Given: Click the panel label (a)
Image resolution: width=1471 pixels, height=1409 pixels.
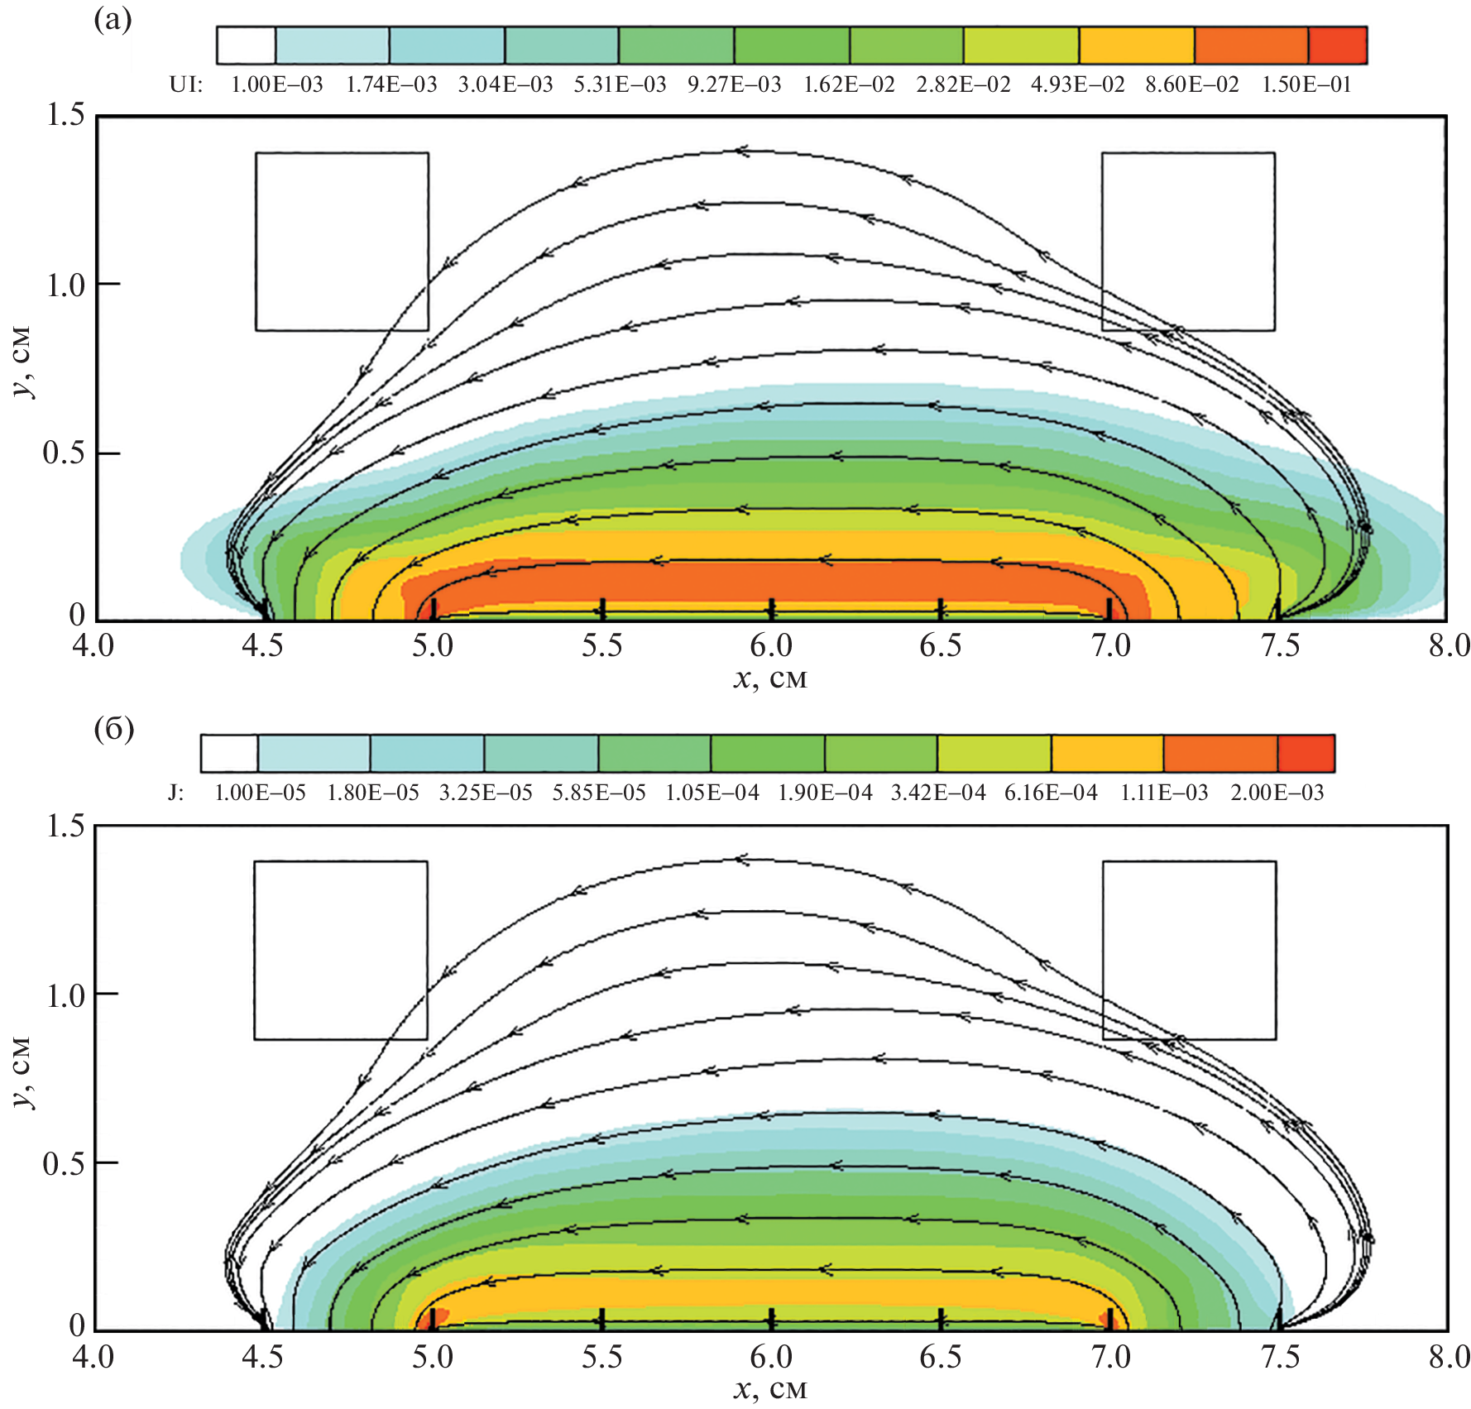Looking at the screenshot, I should click(113, 19).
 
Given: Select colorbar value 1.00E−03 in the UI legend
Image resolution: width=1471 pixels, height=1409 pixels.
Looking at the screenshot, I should click(276, 84).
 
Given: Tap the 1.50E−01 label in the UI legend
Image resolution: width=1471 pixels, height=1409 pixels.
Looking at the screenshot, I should click(1306, 84).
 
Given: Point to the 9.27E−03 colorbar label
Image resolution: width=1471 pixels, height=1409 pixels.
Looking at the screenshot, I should click(734, 84).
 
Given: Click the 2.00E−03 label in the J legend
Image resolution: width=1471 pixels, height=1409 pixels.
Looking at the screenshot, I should click(1277, 793).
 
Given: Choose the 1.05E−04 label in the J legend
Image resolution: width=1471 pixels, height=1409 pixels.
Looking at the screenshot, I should click(712, 793).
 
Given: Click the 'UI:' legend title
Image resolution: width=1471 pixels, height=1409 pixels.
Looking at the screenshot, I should click(185, 84).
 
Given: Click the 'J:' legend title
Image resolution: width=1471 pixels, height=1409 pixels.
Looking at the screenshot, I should click(175, 793).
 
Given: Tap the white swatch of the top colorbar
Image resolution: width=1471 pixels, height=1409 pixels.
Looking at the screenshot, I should click(246, 46).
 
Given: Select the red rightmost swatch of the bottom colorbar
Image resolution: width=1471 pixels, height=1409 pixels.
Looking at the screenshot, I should click(1306, 753).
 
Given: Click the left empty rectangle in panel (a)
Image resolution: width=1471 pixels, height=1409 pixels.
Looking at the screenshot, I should click(342, 242).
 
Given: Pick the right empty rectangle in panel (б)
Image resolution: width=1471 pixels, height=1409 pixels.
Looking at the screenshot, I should click(1189, 950).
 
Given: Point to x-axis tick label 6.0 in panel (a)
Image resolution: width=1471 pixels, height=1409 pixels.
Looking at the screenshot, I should click(771, 645).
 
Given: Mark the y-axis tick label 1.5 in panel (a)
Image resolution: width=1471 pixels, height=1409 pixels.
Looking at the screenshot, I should click(65, 115).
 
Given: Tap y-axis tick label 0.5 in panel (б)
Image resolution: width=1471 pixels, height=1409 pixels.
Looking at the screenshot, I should click(65, 1163).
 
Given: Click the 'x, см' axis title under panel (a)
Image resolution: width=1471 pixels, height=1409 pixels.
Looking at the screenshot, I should click(769, 678).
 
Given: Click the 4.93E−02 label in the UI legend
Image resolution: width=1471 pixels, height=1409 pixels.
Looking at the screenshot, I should click(1077, 84).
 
